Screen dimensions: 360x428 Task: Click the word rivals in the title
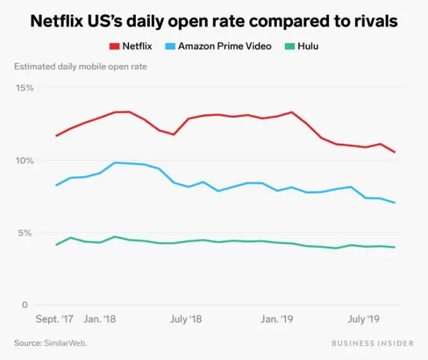(x=373, y=21)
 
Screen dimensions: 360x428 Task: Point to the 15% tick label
(x=25, y=88)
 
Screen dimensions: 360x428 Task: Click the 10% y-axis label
(x=25, y=161)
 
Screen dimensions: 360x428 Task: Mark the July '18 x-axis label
(x=187, y=319)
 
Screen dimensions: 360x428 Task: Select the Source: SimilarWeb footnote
(x=50, y=343)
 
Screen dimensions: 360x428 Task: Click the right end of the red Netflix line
(x=395, y=153)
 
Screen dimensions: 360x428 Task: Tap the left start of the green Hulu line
(x=56, y=245)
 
